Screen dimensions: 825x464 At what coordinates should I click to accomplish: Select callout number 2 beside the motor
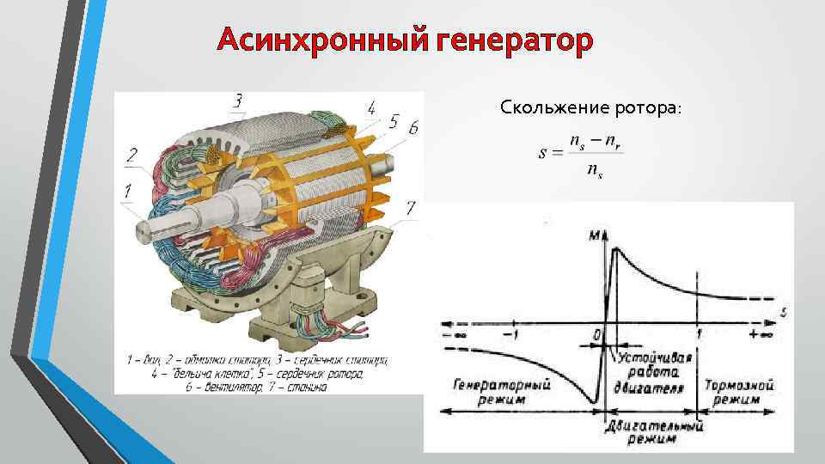[x=131, y=156]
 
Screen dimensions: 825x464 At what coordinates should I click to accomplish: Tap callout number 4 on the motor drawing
[x=370, y=109]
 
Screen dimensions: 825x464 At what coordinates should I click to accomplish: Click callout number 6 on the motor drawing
[x=413, y=127]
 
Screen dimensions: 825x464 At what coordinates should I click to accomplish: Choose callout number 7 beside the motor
[x=410, y=207]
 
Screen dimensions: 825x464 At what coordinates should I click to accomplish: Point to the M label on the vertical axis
[x=592, y=235]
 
